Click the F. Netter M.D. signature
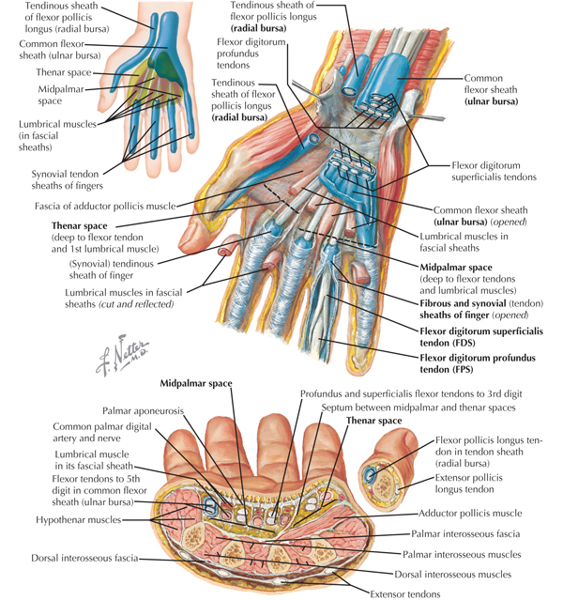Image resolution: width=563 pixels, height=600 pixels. pos(122,354)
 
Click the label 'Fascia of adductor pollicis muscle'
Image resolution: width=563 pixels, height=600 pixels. pos(105,207)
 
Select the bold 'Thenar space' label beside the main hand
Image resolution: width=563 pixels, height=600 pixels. pos(79,225)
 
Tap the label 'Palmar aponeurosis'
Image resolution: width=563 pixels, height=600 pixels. pos(143,411)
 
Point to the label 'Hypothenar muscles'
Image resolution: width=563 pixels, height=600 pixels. pos(79,519)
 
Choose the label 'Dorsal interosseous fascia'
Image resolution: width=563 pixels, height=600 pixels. pos(84,558)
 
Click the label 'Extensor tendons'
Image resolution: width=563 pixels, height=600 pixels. pos(405,593)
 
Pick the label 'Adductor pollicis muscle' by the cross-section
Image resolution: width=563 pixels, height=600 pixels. pos(470,513)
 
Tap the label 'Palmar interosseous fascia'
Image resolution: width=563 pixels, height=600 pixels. pos(465,533)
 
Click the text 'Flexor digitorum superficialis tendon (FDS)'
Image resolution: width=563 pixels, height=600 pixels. pos(481,337)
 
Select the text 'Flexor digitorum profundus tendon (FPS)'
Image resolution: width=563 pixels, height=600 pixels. pos(478,363)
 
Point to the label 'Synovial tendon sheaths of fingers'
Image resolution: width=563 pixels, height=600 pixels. pos(67,180)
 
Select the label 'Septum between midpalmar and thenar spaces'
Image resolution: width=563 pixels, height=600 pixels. pos(418,408)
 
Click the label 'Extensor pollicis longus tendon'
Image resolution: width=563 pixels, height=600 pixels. pos(468,484)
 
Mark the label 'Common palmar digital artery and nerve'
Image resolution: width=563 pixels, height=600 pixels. pos(101,432)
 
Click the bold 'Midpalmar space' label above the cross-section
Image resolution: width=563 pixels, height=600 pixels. pos(196,383)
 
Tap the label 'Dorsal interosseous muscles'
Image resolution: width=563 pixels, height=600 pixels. pos(452,575)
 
